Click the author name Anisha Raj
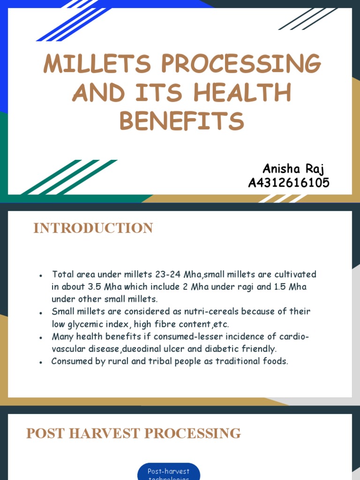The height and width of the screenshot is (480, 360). pos(293,169)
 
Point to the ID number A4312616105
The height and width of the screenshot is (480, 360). pos(289,183)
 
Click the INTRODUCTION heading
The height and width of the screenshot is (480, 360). pos(93,228)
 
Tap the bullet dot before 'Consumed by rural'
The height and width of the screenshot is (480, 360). pos(42,362)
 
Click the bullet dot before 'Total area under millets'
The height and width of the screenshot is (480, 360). pos(42,275)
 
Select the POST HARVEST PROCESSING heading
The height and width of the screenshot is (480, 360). pos(134,434)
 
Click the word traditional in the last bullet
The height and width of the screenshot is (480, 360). pos(236,361)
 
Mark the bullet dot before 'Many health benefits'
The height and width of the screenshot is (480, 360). pos(42,337)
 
